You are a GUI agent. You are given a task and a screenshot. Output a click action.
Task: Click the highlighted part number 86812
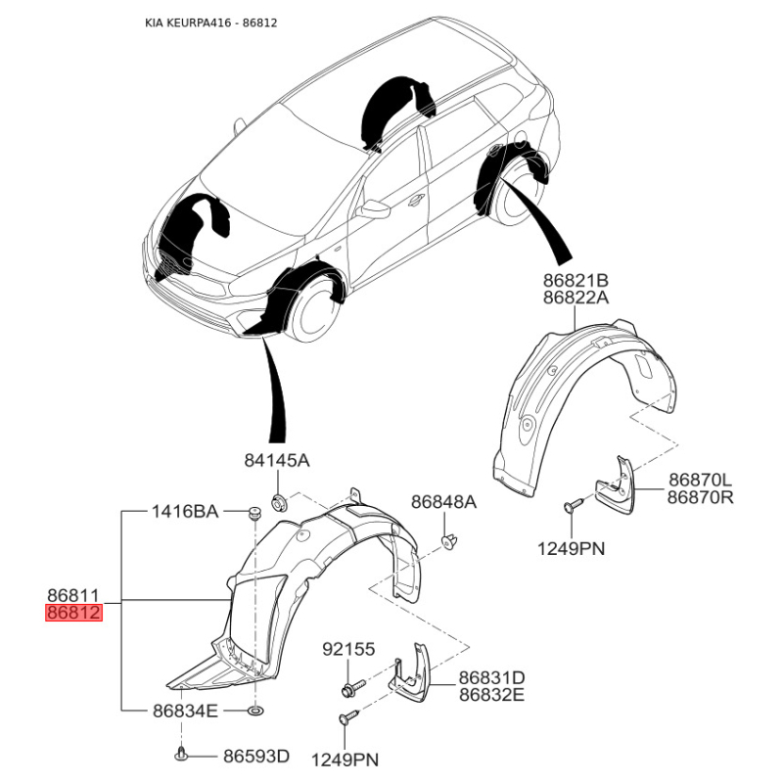pyautogui.click(x=74, y=613)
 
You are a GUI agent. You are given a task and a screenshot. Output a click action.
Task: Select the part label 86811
pyautogui.click(x=74, y=595)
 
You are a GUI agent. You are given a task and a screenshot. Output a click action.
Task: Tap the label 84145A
pyautogui.click(x=277, y=460)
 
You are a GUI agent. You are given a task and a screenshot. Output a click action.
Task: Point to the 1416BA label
pyautogui.click(x=185, y=511)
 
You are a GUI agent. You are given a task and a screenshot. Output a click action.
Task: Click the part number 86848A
pyautogui.click(x=443, y=502)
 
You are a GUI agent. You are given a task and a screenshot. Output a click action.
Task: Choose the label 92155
pyautogui.click(x=348, y=649)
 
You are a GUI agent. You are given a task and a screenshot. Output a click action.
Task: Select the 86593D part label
pyautogui.click(x=256, y=756)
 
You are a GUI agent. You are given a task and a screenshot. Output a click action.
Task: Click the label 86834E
pyautogui.click(x=185, y=711)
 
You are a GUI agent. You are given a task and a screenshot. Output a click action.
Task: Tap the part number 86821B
pyautogui.click(x=576, y=280)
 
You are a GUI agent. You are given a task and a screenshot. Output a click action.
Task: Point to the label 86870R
pyautogui.click(x=701, y=497)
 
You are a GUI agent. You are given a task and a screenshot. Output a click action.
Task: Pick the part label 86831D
pyautogui.click(x=492, y=677)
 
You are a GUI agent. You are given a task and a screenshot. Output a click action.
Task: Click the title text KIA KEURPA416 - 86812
pyautogui.click(x=210, y=23)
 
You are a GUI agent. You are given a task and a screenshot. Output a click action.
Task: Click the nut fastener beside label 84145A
pyautogui.click(x=278, y=500)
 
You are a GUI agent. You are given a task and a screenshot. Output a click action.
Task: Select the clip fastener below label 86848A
pyautogui.click(x=449, y=541)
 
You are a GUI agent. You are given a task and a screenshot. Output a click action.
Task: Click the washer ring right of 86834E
pyautogui.click(x=256, y=711)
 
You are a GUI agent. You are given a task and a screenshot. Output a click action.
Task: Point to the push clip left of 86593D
pyautogui.click(x=182, y=755)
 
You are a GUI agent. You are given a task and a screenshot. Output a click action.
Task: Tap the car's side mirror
pyautogui.click(x=373, y=209)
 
